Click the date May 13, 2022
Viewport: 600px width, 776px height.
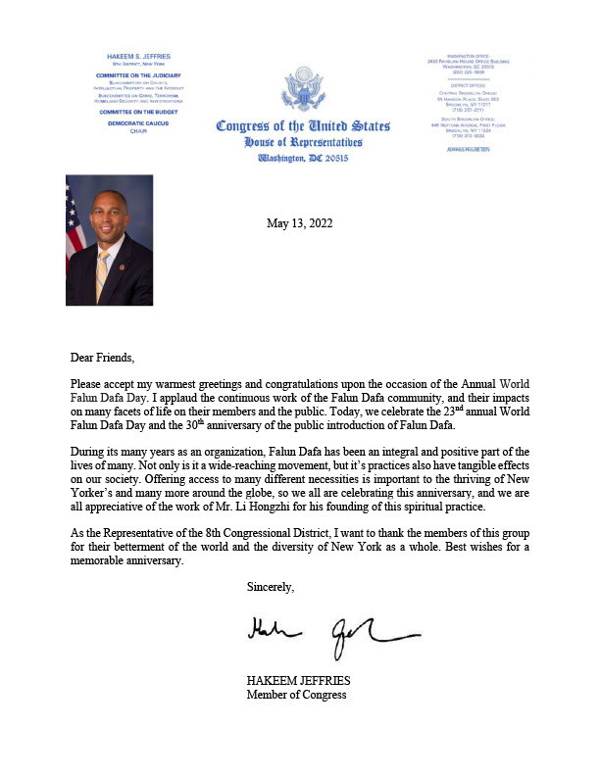[x=299, y=223]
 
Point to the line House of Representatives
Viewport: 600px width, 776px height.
[x=303, y=142]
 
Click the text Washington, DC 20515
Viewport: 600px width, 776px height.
[x=303, y=157]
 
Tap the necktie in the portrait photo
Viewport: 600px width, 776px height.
[x=103, y=277]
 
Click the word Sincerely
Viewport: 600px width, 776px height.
[x=271, y=587]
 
